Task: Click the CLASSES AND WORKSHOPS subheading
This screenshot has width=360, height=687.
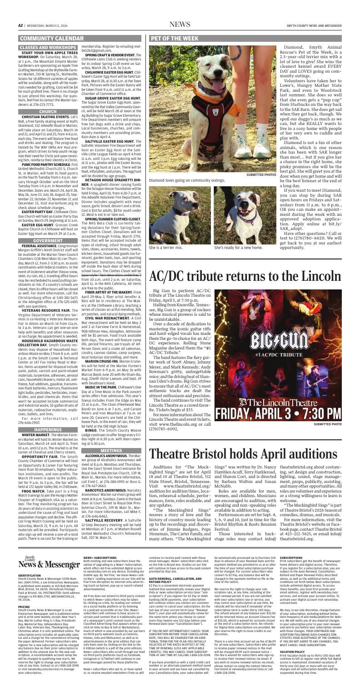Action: [45, 47]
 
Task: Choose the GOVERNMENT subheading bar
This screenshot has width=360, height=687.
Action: [48, 202]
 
